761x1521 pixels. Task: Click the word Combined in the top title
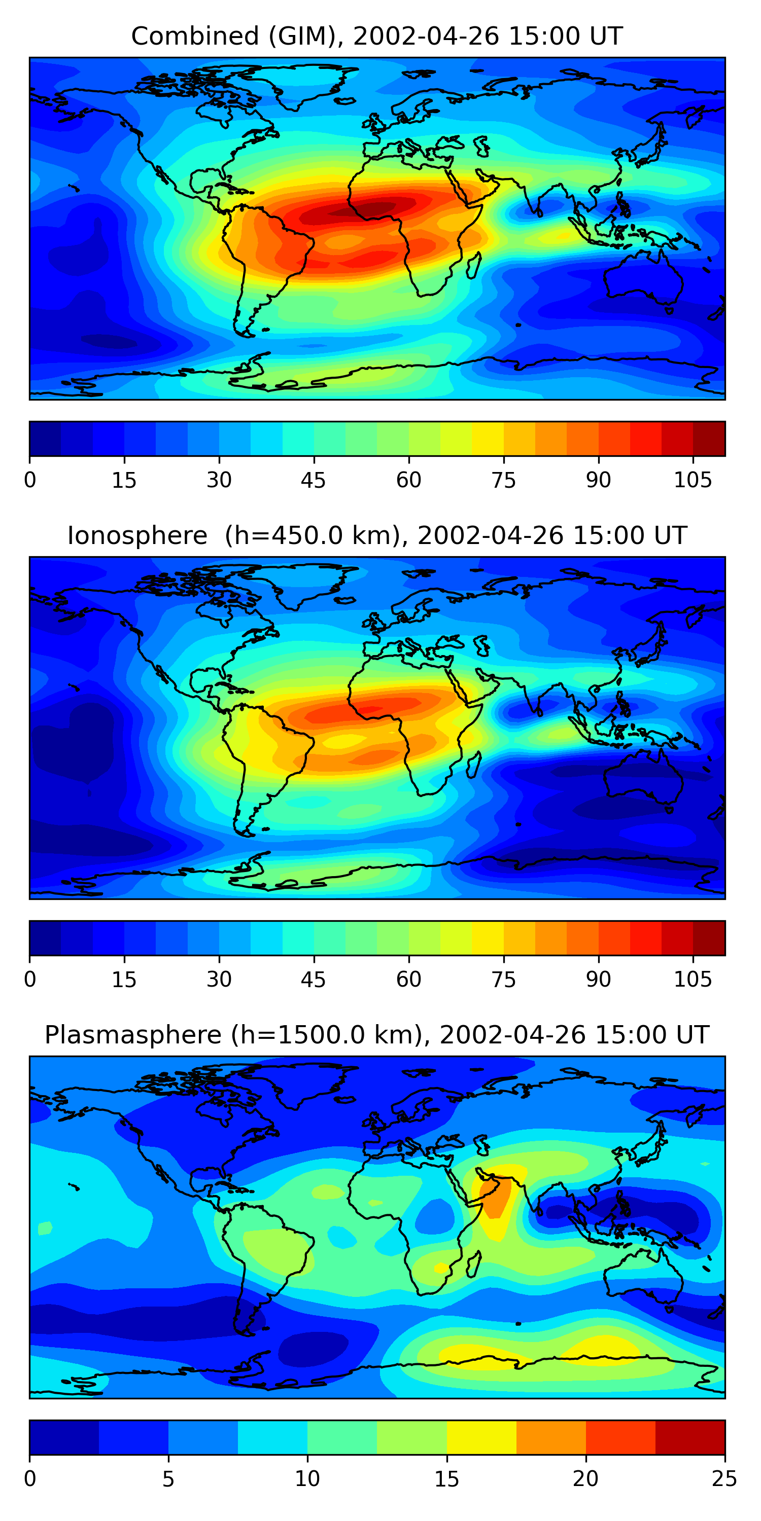click(x=194, y=37)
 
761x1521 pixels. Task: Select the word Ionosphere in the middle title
click(x=137, y=535)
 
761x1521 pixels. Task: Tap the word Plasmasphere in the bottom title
click(x=133, y=1035)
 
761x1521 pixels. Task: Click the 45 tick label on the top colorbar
click(x=313, y=481)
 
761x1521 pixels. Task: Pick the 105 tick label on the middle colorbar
click(x=693, y=980)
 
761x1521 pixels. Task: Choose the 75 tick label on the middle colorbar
click(x=503, y=980)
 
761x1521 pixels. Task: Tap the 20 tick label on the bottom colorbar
click(x=585, y=1479)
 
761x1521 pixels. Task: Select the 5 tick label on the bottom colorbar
click(x=168, y=1479)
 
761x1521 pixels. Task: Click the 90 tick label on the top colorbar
click(x=598, y=481)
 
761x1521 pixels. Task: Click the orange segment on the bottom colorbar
click(x=550, y=1437)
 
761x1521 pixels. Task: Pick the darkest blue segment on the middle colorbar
click(x=45, y=937)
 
